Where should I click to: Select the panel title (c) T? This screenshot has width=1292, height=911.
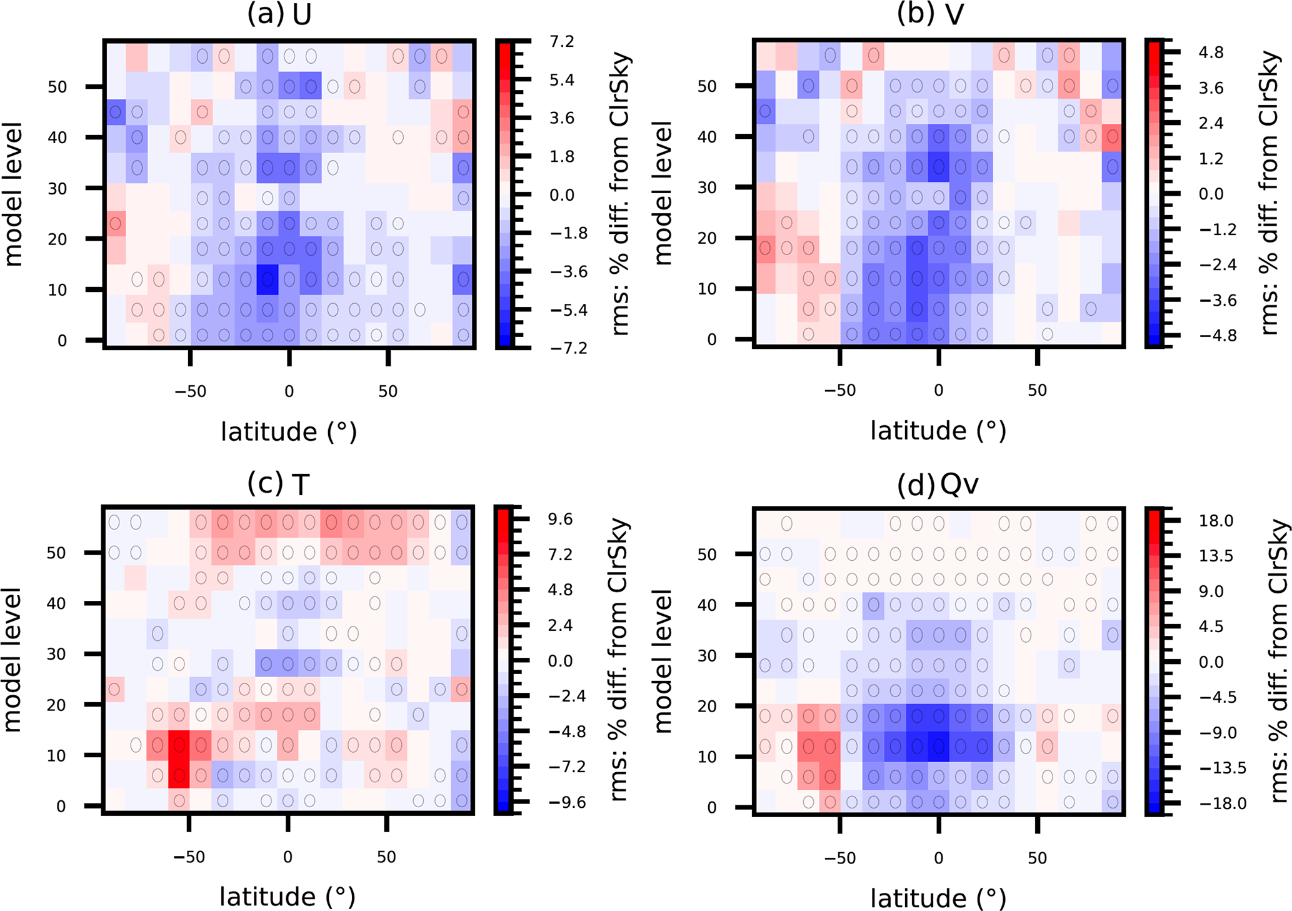278,483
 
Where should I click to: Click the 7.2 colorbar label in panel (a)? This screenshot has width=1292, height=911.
561,42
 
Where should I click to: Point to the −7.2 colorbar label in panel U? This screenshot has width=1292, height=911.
568,348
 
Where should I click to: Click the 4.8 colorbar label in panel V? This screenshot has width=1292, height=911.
1211,53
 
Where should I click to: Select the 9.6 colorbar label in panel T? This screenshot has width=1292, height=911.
560,520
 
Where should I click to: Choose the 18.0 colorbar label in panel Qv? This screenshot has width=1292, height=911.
1215,521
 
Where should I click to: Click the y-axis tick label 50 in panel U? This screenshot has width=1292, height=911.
58,87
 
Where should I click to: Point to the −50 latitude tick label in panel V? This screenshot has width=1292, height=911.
839,391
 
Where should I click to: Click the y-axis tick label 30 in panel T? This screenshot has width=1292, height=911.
56,655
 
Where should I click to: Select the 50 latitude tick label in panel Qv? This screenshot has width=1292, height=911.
1037,858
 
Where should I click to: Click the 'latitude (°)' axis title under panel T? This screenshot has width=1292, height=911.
288,897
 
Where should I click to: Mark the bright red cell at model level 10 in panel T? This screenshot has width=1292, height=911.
179,745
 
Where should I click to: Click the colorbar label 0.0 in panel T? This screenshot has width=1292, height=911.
560,661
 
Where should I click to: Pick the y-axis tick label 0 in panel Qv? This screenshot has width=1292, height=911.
711,808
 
